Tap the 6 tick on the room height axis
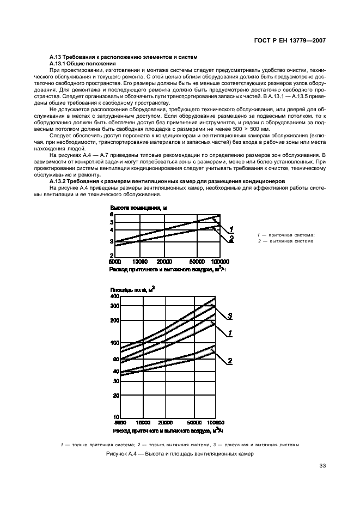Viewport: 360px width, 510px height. [112, 215]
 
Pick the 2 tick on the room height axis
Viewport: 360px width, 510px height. [112, 255]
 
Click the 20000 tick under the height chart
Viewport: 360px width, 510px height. [164, 262]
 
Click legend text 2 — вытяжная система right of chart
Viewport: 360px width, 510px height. [286, 241]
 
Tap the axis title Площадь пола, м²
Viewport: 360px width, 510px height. [132, 289]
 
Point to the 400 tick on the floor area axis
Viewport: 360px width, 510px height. [115, 296]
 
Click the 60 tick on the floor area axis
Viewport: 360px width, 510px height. [116, 360]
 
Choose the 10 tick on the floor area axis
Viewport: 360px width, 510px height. [117, 417]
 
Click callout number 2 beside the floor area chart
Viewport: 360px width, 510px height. [230, 361]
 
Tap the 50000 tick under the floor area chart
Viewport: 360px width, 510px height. [194, 422]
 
